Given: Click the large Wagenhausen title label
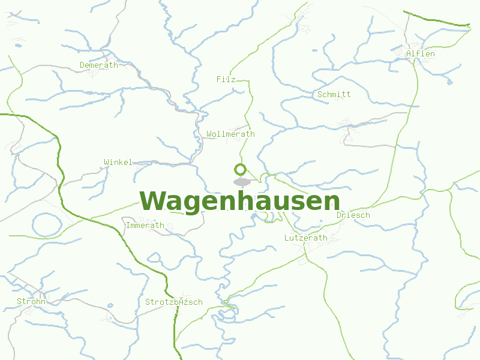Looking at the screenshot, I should [x=240, y=201].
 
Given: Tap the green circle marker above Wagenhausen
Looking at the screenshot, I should [x=241, y=169].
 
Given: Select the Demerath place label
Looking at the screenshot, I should [x=99, y=65].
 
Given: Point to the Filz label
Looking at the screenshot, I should [x=226, y=79].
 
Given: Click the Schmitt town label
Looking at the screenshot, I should [x=334, y=94].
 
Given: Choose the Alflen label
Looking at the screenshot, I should [x=421, y=54].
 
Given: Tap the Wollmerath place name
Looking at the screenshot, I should [x=230, y=134].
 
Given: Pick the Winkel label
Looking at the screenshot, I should [x=118, y=163].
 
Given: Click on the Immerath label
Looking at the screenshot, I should [x=145, y=226].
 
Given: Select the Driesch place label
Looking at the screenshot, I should [x=353, y=215].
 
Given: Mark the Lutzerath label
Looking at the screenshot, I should [x=306, y=238].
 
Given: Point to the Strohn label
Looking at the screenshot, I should [x=31, y=302].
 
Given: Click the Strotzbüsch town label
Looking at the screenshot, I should [x=174, y=302].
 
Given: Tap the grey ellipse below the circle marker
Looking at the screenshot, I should [x=242, y=181].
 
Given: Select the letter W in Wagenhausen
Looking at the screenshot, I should [x=152, y=201].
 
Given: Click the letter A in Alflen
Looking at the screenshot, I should [x=409, y=54].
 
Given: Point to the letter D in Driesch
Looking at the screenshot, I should [x=340, y=215].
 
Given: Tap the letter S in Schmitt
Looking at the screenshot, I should [x=320, y=94].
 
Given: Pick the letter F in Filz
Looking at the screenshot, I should [x=219, y=79].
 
